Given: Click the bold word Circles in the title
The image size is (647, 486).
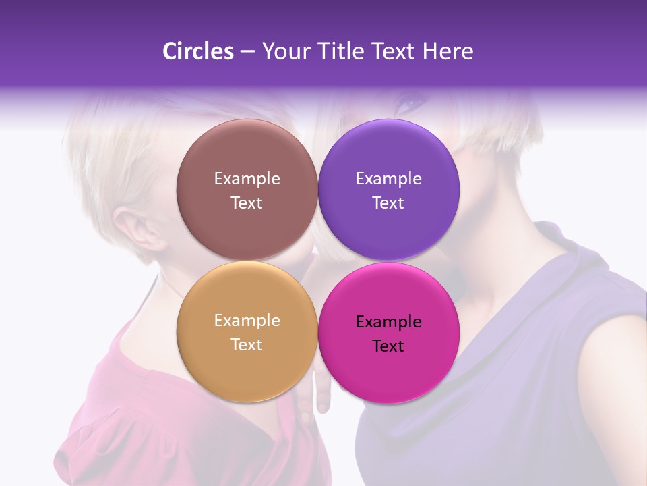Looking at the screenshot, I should (197, 51).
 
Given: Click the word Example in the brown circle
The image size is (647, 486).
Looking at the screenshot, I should (247, 179).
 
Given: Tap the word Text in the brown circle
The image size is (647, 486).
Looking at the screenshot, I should (247, 203).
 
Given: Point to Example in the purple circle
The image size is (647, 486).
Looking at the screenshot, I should (388, 179).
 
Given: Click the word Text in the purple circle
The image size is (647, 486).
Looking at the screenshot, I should (388, 203).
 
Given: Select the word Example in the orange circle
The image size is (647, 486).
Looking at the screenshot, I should (247, 321).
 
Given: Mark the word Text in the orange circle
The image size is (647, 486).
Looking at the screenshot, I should (247, 345).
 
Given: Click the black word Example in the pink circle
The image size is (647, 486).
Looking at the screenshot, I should (388, 322).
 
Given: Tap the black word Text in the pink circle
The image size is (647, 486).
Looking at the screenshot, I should (388, 346).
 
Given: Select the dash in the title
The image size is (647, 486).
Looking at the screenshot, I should (247, 52).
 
